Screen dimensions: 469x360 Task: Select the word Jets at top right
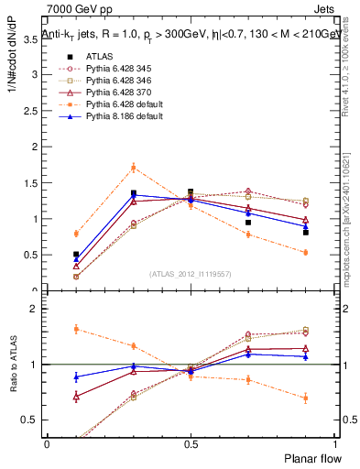point(325,7)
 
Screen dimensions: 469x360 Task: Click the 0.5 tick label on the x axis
point(190,443)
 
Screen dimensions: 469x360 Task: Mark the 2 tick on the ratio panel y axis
point(33,309)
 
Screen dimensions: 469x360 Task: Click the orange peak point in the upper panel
point(134,167)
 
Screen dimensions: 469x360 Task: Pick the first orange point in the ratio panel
point(76,329)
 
